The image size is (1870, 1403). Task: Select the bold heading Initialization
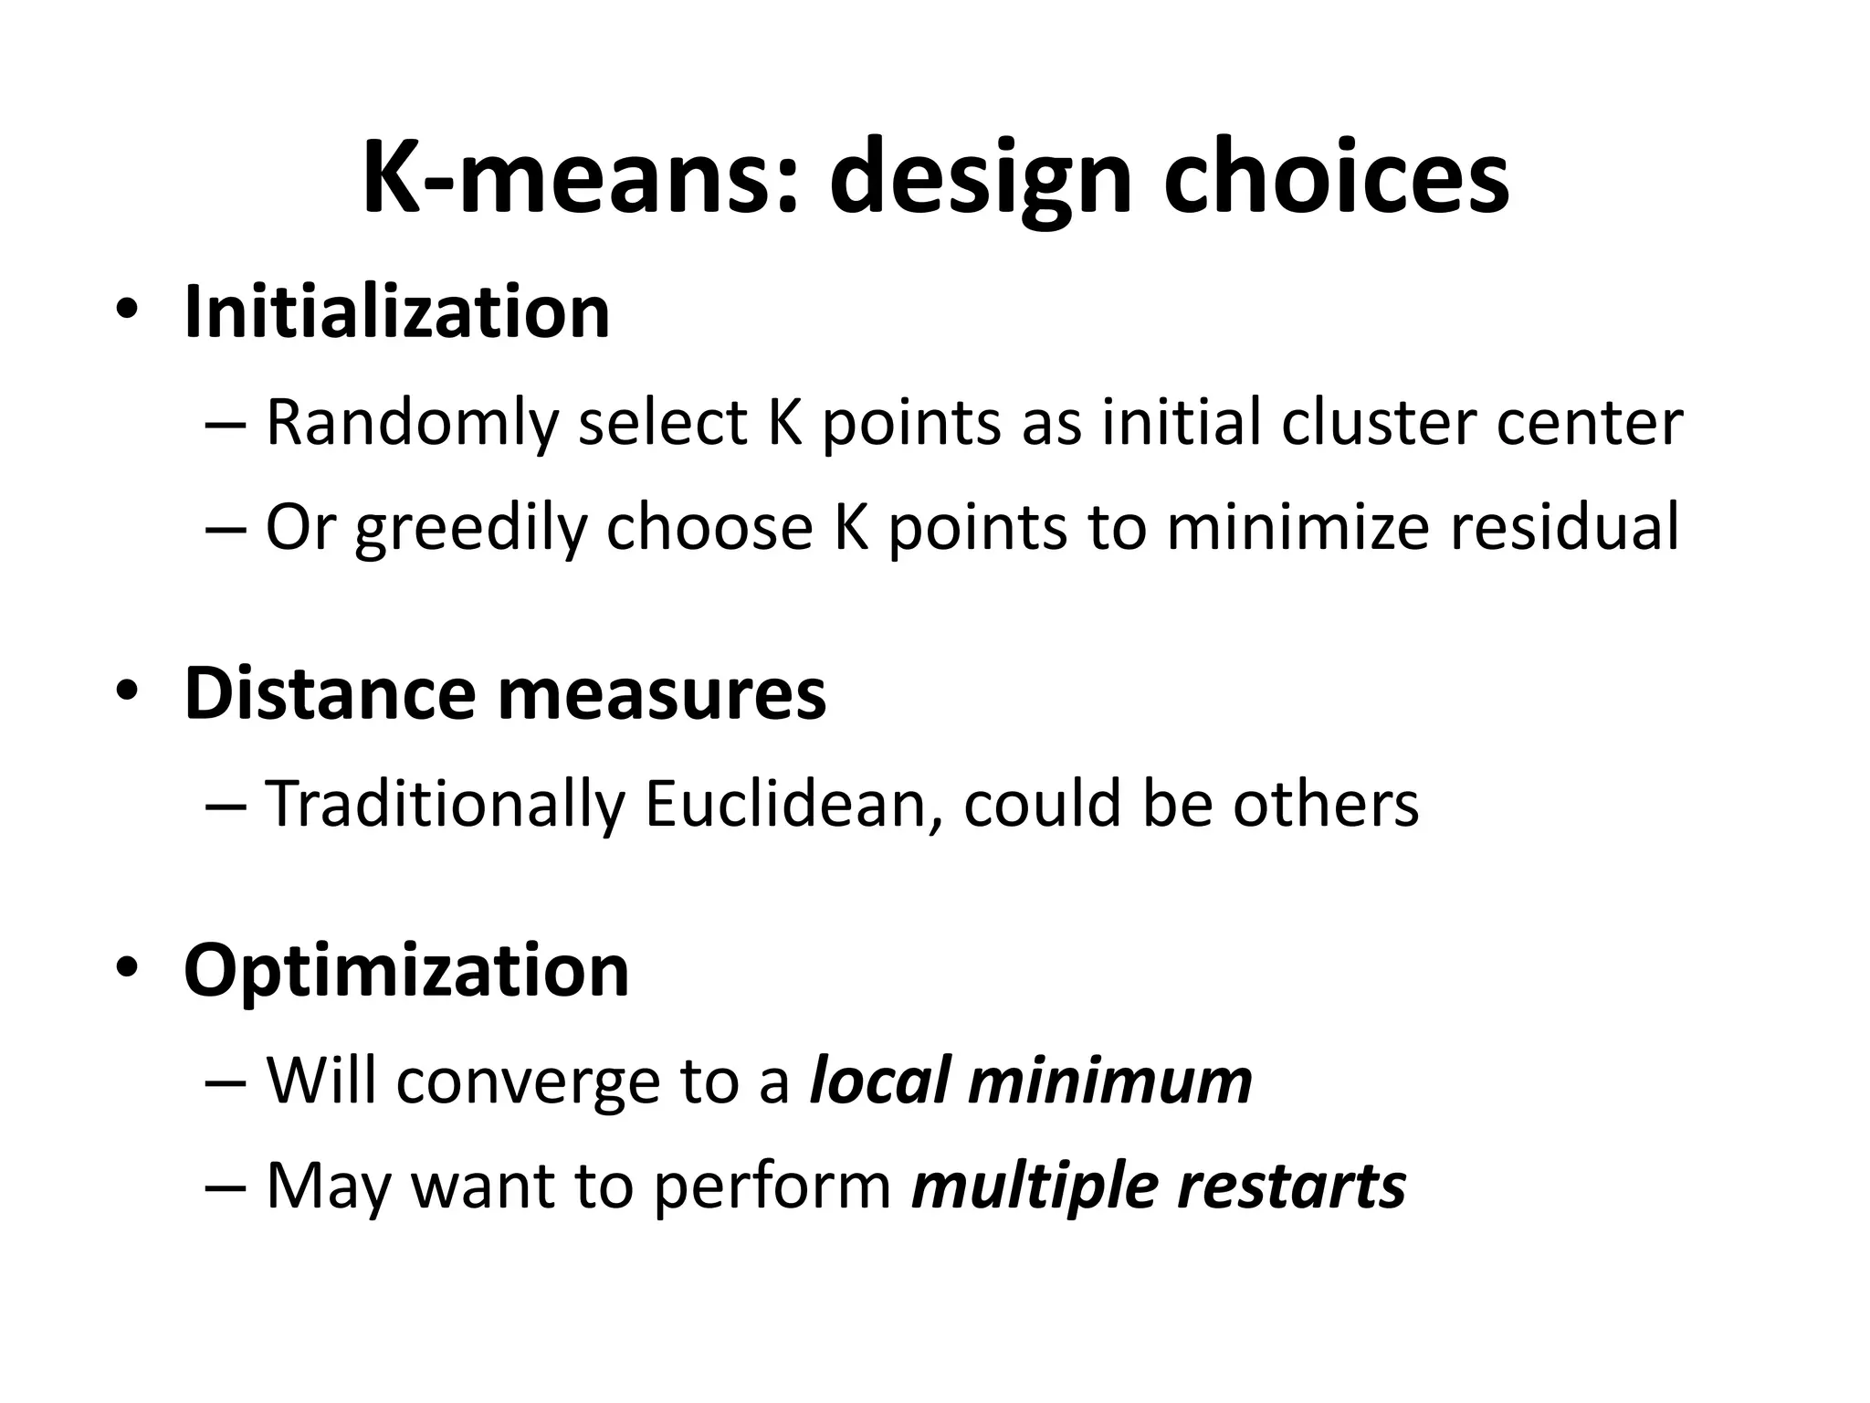point(396,312)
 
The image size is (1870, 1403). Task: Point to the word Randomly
point(412,423)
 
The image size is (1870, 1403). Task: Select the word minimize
point(1297,527)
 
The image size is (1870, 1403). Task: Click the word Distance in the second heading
point(330,693)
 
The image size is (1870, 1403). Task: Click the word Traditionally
point(446,805)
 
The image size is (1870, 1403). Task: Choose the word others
point(1326,805)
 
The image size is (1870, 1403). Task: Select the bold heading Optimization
point(406,970)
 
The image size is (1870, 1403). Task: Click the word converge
point(527,1081)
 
